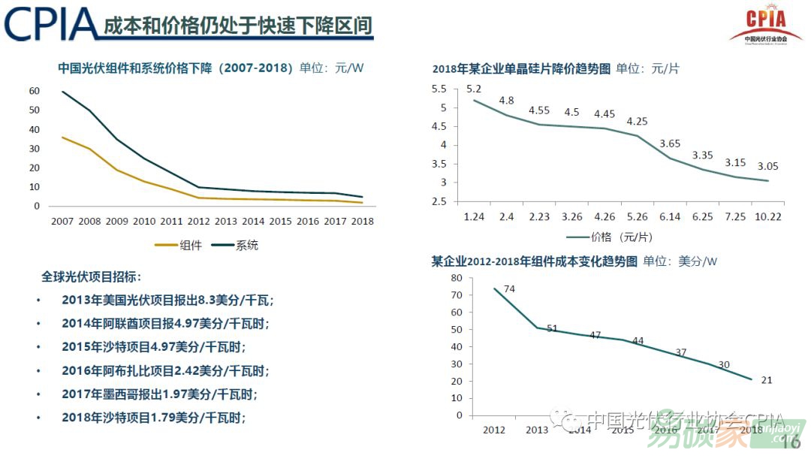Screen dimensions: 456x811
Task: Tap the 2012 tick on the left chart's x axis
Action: pyautogui.click(x=198, y=222)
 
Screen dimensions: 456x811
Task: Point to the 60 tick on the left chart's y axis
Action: pyautogui.click(x=34, y=91)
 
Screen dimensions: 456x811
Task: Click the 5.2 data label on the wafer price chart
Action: pyautogui.click(x=474, y=89)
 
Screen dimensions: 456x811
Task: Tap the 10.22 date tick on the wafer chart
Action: pyautogui.click(x=767, y=217)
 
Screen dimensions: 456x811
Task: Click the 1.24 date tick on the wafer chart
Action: pyautogui.click(x=474, y=217)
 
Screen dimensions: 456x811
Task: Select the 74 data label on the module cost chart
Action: pyautogui.click(x=508, y=289)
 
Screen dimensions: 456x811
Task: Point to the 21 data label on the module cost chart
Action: pyautogui.click(x=766, y=380)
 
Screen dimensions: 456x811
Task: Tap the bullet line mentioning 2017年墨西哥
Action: pyautogui.click(x=164, y=394)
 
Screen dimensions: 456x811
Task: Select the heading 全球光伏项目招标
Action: pyautogui.click(x=91, y=276)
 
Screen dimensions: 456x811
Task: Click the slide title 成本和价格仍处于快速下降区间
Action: pyautogui.click(x=238, y=25)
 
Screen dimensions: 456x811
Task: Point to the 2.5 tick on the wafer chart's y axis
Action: pyautogui.click(x=439, y=201)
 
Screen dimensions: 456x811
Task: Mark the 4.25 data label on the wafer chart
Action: pyautogui.click(x=637, y=122)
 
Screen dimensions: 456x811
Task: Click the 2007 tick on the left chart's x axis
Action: pyautogui.click(x=62, y=222)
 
